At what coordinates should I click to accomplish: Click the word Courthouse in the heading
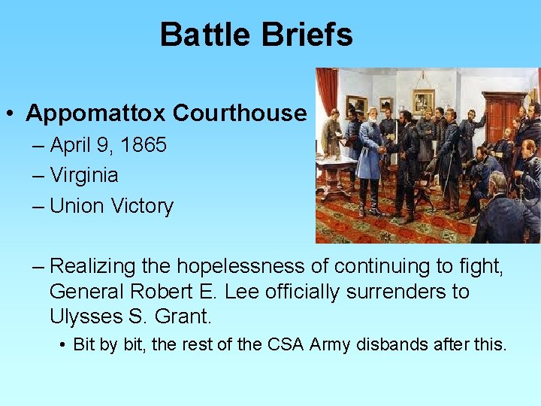tap(240, 114)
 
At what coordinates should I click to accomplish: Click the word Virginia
tap(84, 175)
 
